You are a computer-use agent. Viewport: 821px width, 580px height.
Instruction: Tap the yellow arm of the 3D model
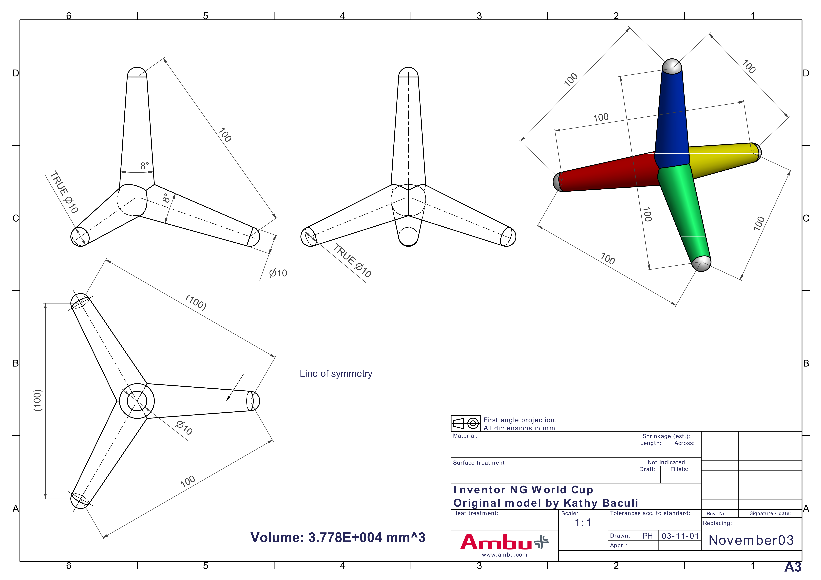coord(722,157)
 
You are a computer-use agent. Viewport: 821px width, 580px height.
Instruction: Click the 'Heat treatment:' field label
coord(476,513)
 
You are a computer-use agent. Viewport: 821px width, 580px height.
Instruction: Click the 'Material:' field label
coord(465,436)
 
